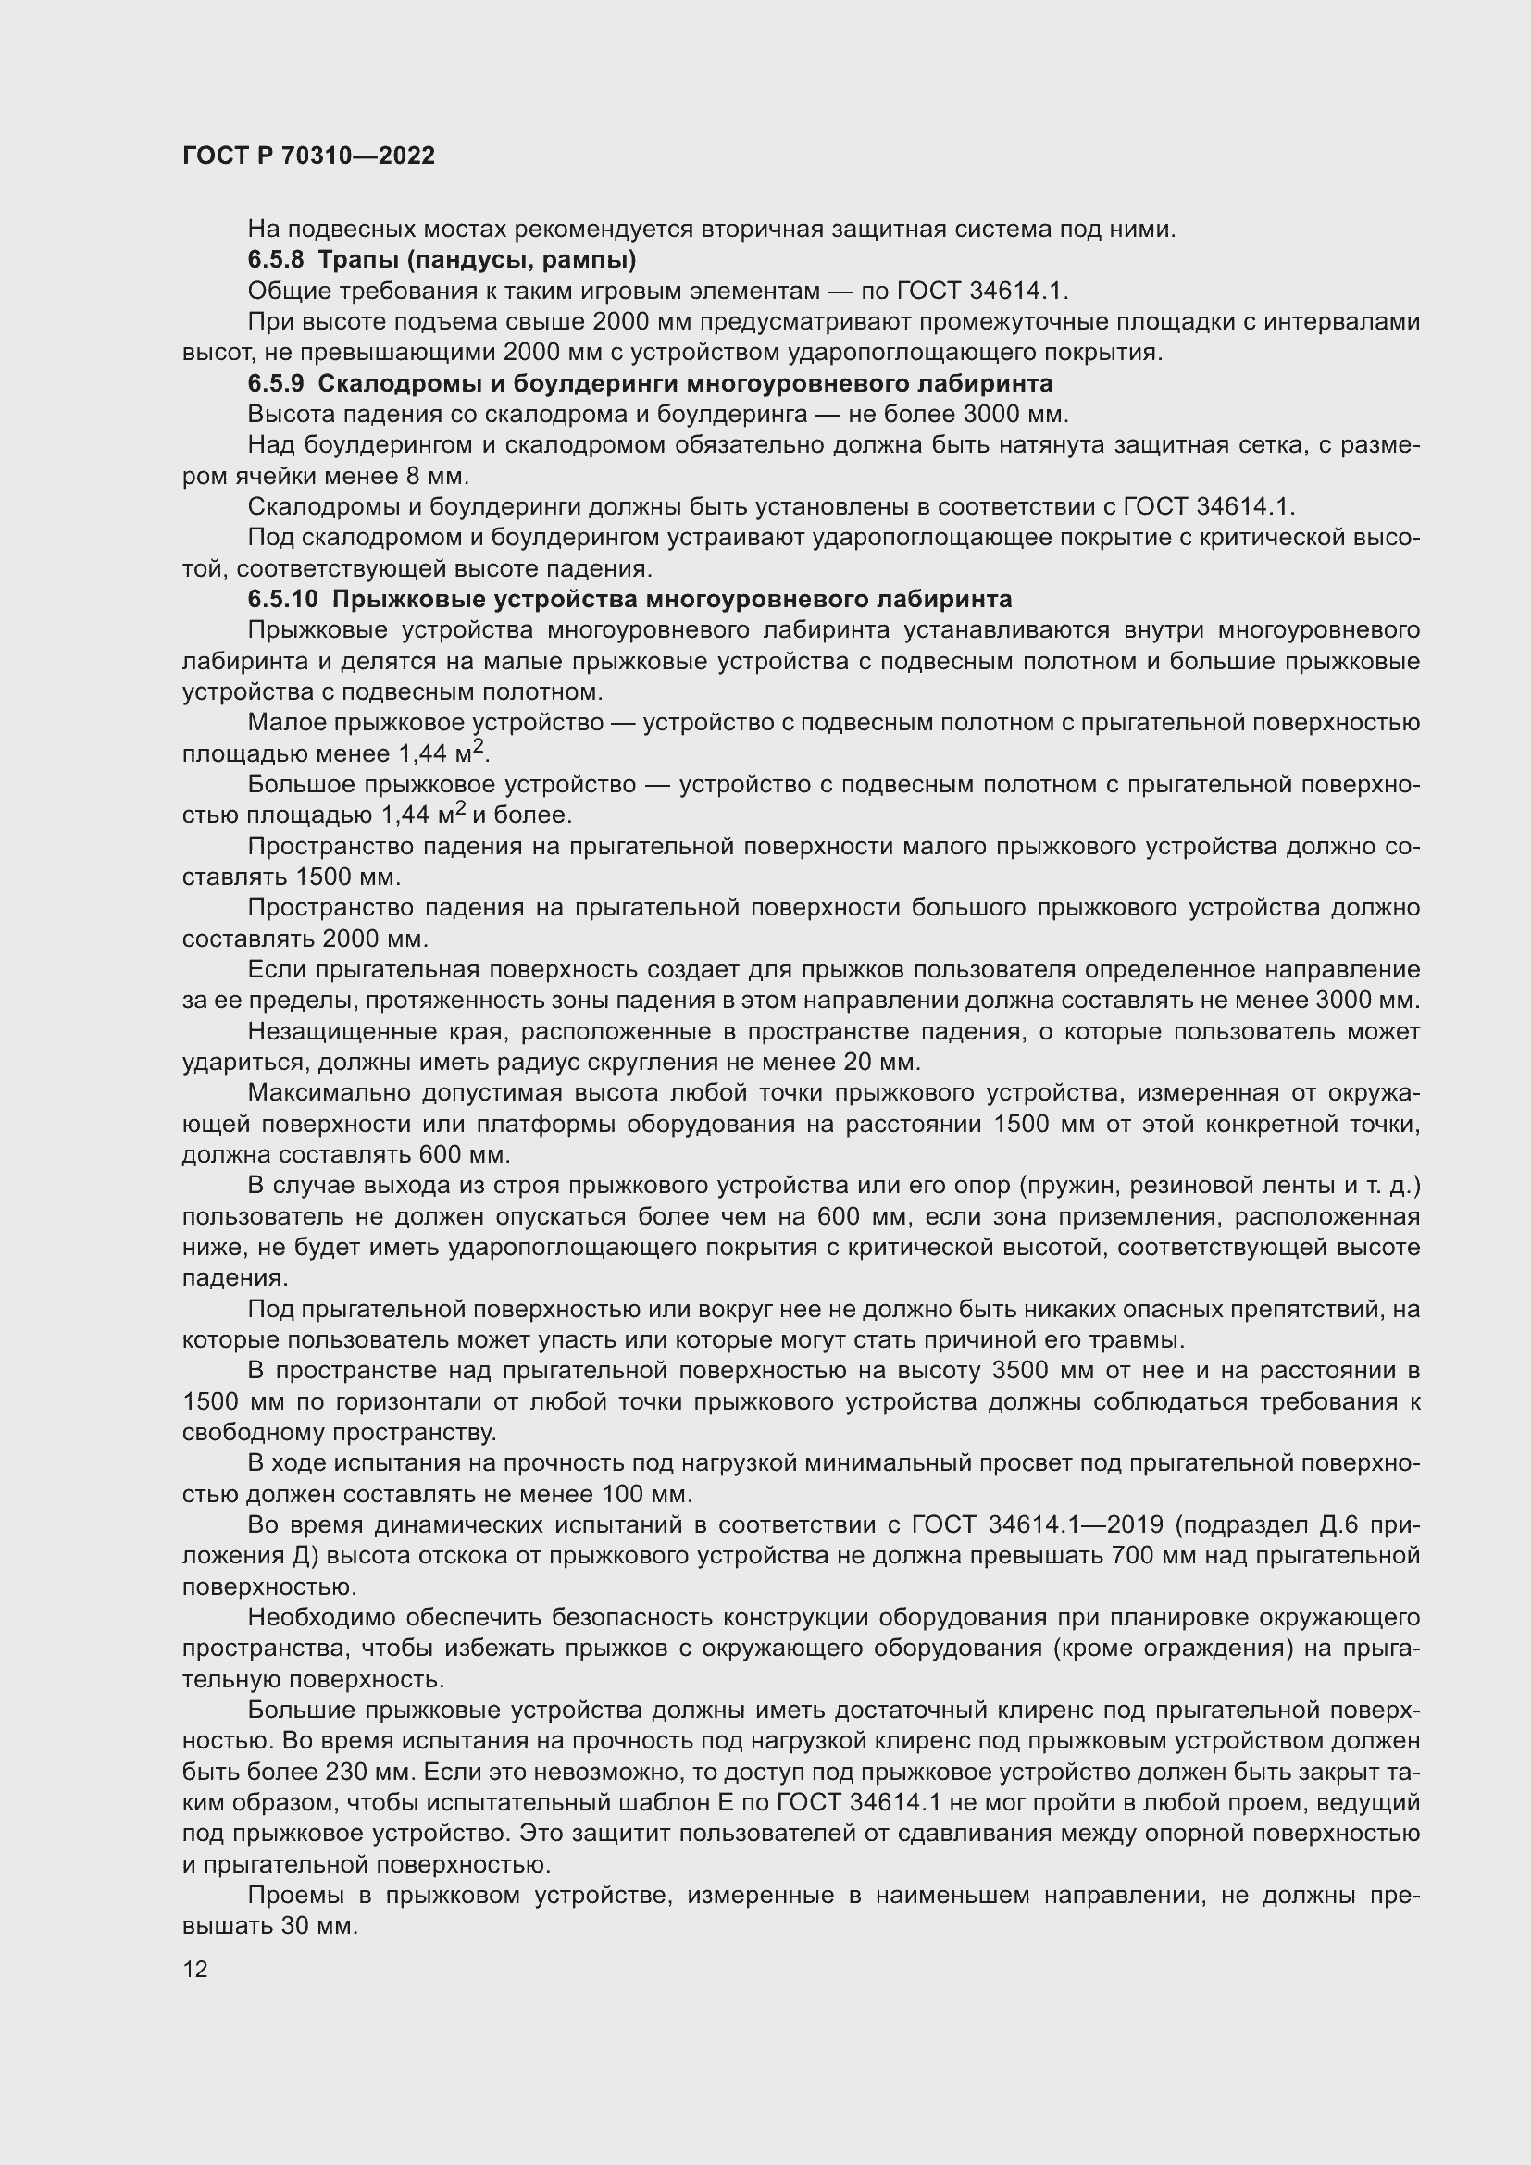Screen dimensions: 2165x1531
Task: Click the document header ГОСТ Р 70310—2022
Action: pyautogui.click(x=308, y=156)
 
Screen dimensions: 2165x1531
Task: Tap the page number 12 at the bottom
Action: pyautogui.click(x=195, y=1969)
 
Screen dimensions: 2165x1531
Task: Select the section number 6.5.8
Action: pyautogui.click(x=275, y=259)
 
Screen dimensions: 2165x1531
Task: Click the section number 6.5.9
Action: pyautogui.click(x=275, y=384)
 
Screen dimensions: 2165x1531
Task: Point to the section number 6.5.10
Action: pyautogui.click(x=283, y=600)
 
